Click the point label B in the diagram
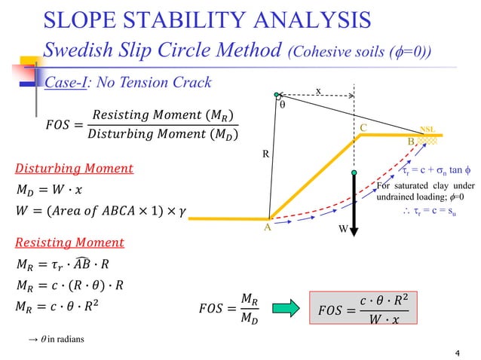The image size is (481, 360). pos(411,142)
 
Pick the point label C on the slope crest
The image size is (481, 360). pos(363,129)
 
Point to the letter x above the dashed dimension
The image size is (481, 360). pos(318,91)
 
